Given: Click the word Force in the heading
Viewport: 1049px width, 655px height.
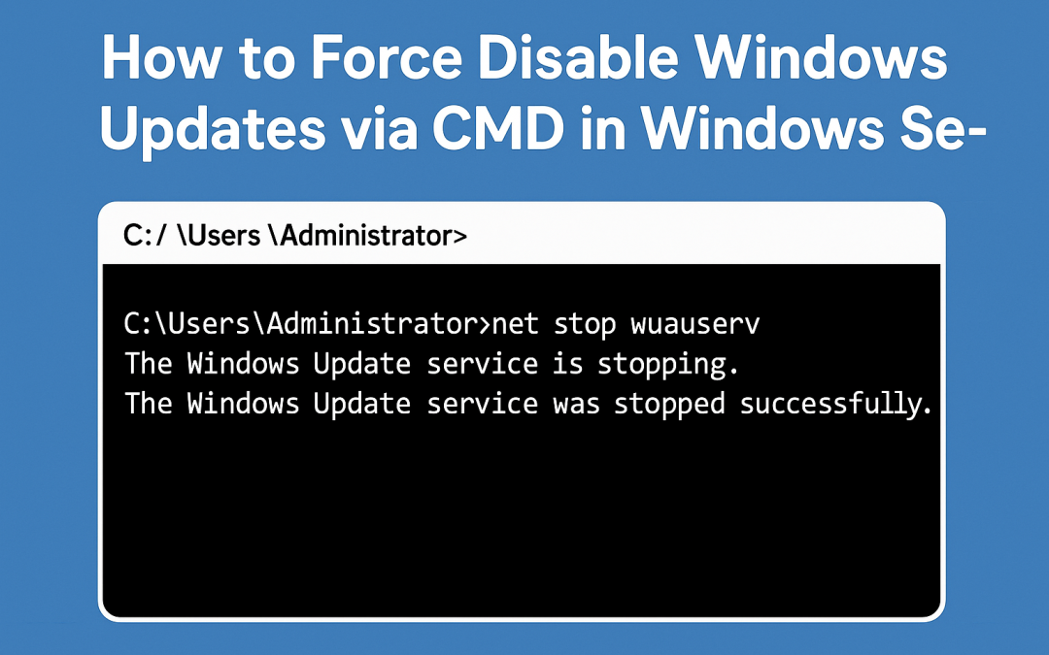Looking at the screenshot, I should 362,61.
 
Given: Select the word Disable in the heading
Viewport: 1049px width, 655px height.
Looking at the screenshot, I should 567,61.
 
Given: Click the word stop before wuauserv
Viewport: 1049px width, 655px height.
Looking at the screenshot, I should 586,324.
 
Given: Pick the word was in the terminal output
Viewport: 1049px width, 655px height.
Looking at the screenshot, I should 576,404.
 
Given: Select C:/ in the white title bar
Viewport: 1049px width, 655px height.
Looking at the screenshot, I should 145,236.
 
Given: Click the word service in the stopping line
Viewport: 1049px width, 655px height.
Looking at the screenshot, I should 482,365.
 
